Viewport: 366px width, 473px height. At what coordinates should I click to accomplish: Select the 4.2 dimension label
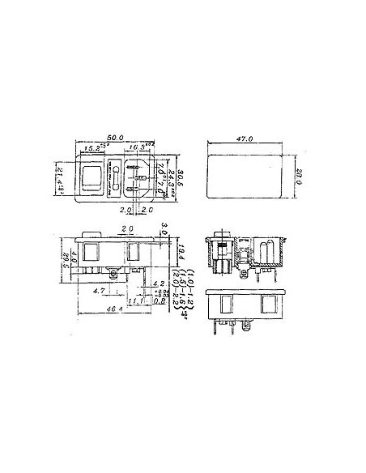pos(159,283)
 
